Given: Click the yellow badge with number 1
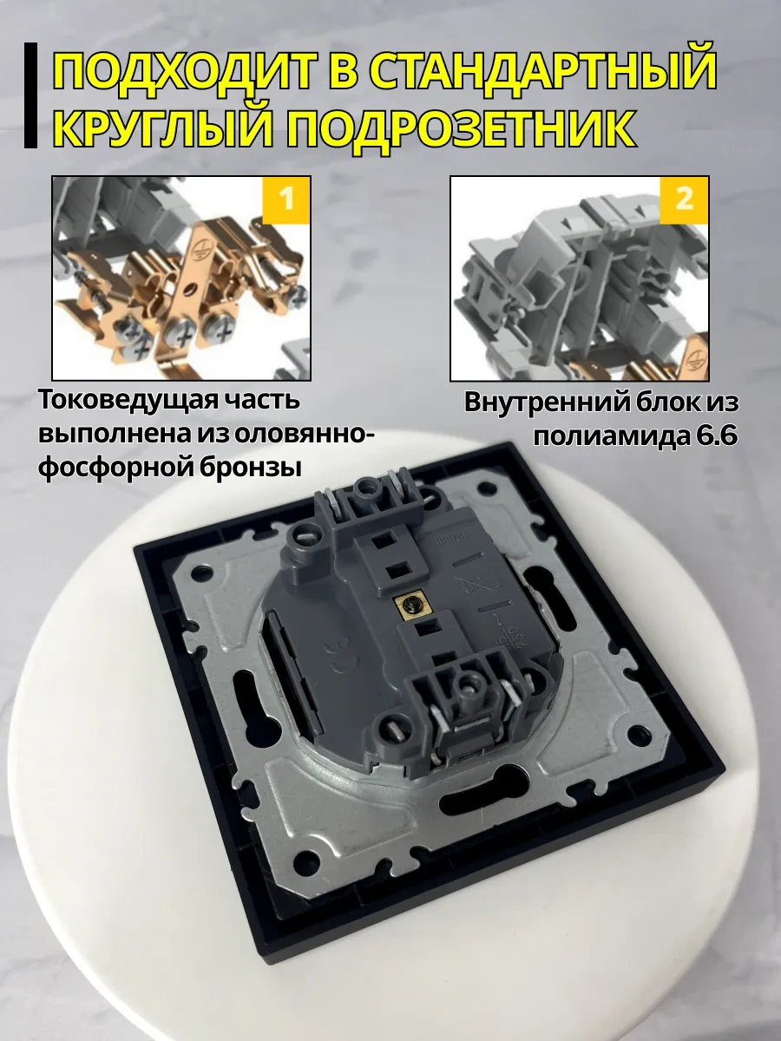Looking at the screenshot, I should pyautogui.click(x=284, y=200).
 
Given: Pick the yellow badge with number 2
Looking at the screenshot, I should pyautogui.click(x=684, y=200).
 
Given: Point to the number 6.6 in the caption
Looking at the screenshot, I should pyautogui.click(x=715, y=436).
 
